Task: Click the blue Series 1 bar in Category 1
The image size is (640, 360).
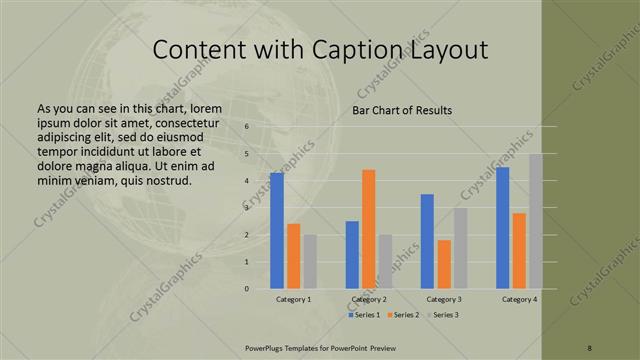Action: click(277, 230)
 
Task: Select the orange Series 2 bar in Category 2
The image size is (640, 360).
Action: click(368, 228)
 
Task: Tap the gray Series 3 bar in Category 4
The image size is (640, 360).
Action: click(536, 221)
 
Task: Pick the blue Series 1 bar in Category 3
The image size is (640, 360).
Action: click(427, 241)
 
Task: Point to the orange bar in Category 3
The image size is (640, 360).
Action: click(444, 264)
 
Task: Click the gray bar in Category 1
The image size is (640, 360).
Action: click(310, 261)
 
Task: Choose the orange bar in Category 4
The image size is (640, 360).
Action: click(519, 250)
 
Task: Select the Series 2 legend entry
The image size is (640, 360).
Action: click(403, 315)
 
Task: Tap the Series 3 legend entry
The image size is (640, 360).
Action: click(440, 315)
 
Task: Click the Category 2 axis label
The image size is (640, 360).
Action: click(368, 299)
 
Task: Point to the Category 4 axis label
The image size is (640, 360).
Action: click(519, 299)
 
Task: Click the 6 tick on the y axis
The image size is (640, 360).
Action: click(247, 126)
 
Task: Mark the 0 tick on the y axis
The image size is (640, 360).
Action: click(247, 289)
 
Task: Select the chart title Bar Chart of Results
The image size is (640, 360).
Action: click(402, 110)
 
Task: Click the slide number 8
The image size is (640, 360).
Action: click(590, 347)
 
